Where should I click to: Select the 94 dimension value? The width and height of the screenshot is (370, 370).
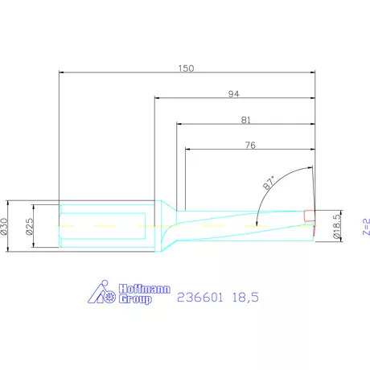coord(235,94)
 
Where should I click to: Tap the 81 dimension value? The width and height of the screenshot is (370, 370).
coord(246,120)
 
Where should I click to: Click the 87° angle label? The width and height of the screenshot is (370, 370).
coord(271,182)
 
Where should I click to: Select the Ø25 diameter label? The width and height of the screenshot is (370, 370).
coord(29,226)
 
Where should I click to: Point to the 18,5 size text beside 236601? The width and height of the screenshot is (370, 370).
coord(245,298)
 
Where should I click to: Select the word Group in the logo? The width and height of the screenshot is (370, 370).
coord(134,298)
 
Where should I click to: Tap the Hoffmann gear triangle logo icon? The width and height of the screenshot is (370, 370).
coord(101,294)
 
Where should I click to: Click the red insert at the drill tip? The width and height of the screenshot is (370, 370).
coord(310,216)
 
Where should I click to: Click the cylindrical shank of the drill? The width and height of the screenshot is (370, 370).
coord(105,226)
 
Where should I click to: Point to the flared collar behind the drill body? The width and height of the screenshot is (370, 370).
coord(167,226)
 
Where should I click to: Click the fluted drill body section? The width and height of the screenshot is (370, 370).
coord(241,225)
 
